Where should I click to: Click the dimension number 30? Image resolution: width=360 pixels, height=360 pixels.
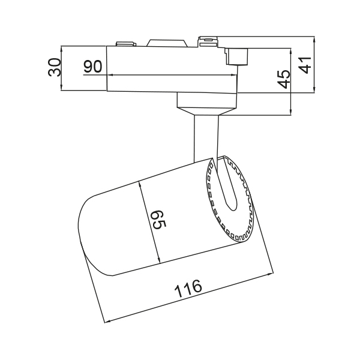click(55, 67)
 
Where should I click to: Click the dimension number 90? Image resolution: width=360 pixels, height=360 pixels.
click(92, 67)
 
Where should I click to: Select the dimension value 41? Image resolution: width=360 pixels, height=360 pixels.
click(305, 65)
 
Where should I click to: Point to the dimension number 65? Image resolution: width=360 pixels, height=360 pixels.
click(159, 219)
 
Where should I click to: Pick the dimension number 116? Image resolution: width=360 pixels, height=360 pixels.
click(188, 288)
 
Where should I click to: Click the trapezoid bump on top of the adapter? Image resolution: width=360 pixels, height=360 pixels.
click(166, 43)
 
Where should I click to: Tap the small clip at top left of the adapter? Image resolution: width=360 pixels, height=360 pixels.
click(126, 44)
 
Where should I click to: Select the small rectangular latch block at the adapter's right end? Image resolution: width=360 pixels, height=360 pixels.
click(236, 56)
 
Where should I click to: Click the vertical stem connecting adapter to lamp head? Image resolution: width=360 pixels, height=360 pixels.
click(205, 138)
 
